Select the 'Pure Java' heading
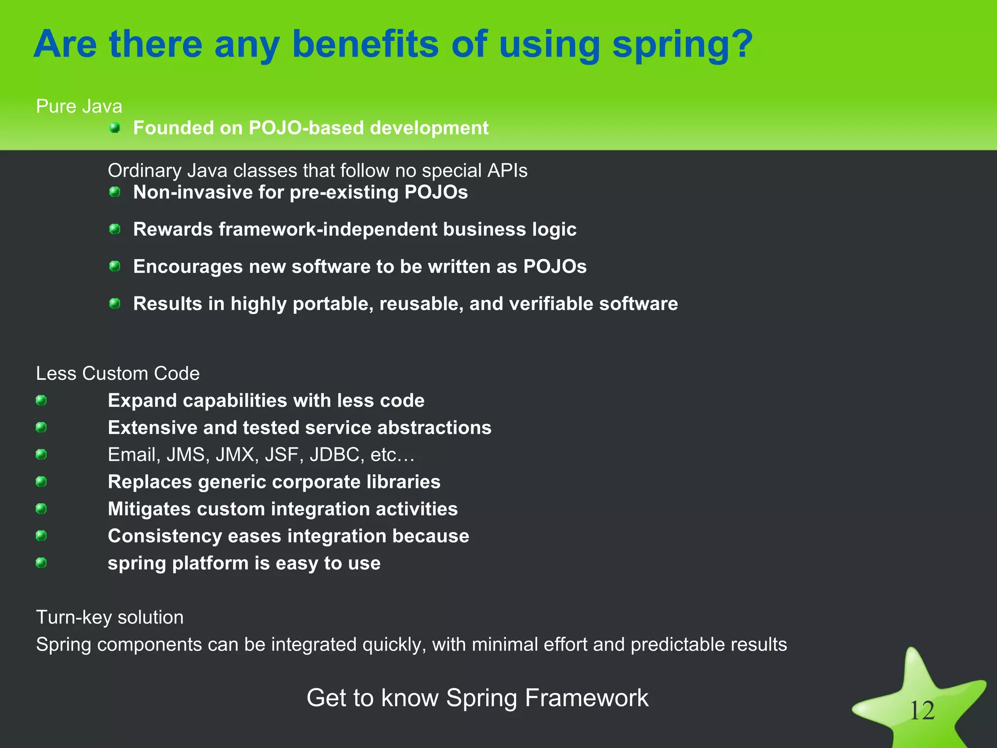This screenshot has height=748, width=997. [x=79, y=106]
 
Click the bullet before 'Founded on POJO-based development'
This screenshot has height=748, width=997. [x=115, y=128]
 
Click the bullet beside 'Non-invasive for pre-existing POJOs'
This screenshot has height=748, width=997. [x=115, y=192]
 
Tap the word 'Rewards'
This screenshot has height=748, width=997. [x=173, y=229]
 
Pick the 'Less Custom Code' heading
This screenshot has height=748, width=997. [x=118, y=374]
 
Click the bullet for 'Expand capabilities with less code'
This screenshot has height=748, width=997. [x=41, y=400]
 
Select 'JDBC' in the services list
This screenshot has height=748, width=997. [x=334, y=455]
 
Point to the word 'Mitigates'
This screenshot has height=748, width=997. [x=149, y=509]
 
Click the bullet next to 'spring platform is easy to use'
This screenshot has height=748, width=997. [x=41, y=563]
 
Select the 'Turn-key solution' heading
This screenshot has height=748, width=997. [x=110, y=617]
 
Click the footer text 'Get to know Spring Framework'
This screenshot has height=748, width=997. [x=477, y=698]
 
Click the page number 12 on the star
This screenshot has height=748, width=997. [x=922, y=711]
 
